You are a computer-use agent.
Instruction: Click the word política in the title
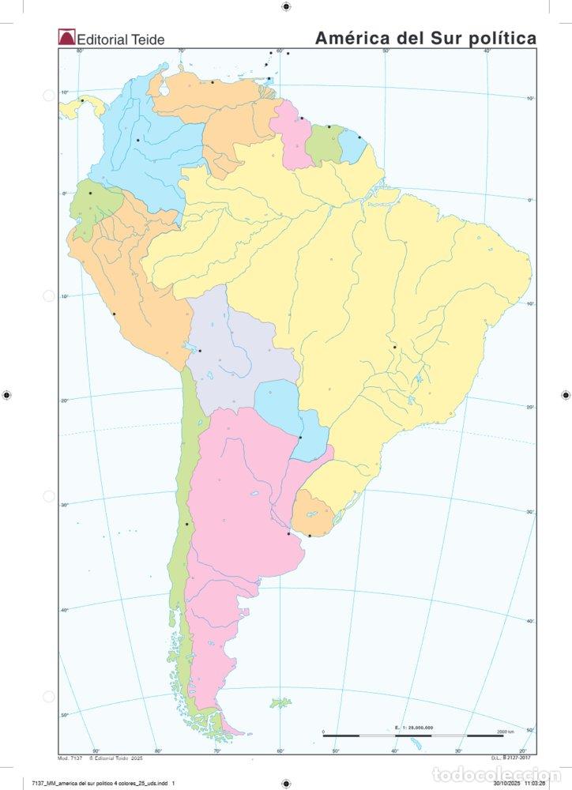503,37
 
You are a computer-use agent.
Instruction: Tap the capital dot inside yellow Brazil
394,347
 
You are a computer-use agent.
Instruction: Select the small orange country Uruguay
310,514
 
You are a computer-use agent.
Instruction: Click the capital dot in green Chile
186,524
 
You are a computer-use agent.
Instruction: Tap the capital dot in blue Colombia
138,140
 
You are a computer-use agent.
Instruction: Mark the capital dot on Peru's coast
114,314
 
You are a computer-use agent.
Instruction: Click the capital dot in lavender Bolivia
200,351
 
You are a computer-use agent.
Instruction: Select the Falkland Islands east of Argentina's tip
280,702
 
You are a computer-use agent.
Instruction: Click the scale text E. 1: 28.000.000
413,725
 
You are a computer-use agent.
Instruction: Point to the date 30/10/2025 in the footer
507,784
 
